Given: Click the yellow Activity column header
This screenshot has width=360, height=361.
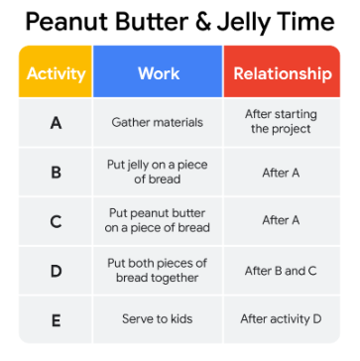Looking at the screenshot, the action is click(x=56, y=71).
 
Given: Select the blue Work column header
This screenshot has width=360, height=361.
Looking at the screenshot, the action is click(x=158, y=71).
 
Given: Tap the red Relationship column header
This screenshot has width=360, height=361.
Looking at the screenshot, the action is click(x=282, y=71).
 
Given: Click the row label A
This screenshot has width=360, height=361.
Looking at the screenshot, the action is click(x=56, y=123).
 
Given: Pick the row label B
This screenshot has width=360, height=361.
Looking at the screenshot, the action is click(x=56, y=173).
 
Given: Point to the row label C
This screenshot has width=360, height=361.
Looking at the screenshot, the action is click(x=56, y=221).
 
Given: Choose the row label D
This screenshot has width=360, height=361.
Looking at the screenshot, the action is click(x=56, y=271).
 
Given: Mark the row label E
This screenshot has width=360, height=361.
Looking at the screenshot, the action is click(x=56, y=319).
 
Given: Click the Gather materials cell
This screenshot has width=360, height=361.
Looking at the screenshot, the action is click(x=158, y=123).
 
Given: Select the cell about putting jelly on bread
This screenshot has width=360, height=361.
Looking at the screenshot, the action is click(x=158, y=172).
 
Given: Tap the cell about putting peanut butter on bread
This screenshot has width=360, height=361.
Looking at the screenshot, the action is click(x=158, y=221).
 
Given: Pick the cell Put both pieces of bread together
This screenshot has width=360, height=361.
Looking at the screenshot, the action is click(x=158, y=271).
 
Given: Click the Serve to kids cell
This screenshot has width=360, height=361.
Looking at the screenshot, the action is click(x=158, y=319).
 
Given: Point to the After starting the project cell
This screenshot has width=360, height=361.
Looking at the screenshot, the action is click(x=281, y=122).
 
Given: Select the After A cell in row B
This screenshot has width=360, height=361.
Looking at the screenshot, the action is click(x=281, y=173).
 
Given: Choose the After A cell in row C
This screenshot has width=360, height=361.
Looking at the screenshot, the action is click(x=281, y=220).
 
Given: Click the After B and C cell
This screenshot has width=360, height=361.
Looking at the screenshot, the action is click(x=281, y=271).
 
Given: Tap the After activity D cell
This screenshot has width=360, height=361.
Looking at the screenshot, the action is click(x=281, y=319).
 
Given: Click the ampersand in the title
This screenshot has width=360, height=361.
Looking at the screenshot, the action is click(x=201, y=23).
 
